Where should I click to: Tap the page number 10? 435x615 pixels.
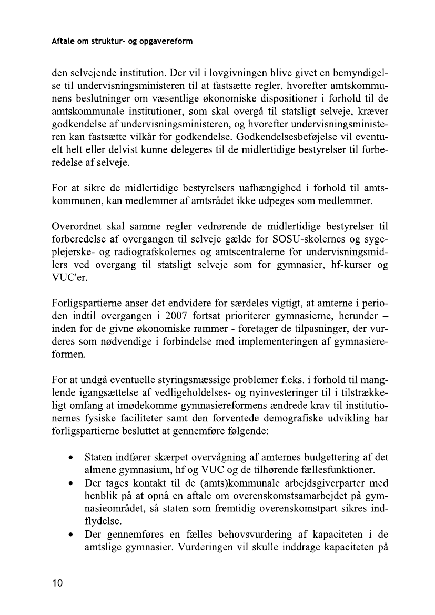point(58,582)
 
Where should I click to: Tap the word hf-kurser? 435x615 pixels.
point(350,266)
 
